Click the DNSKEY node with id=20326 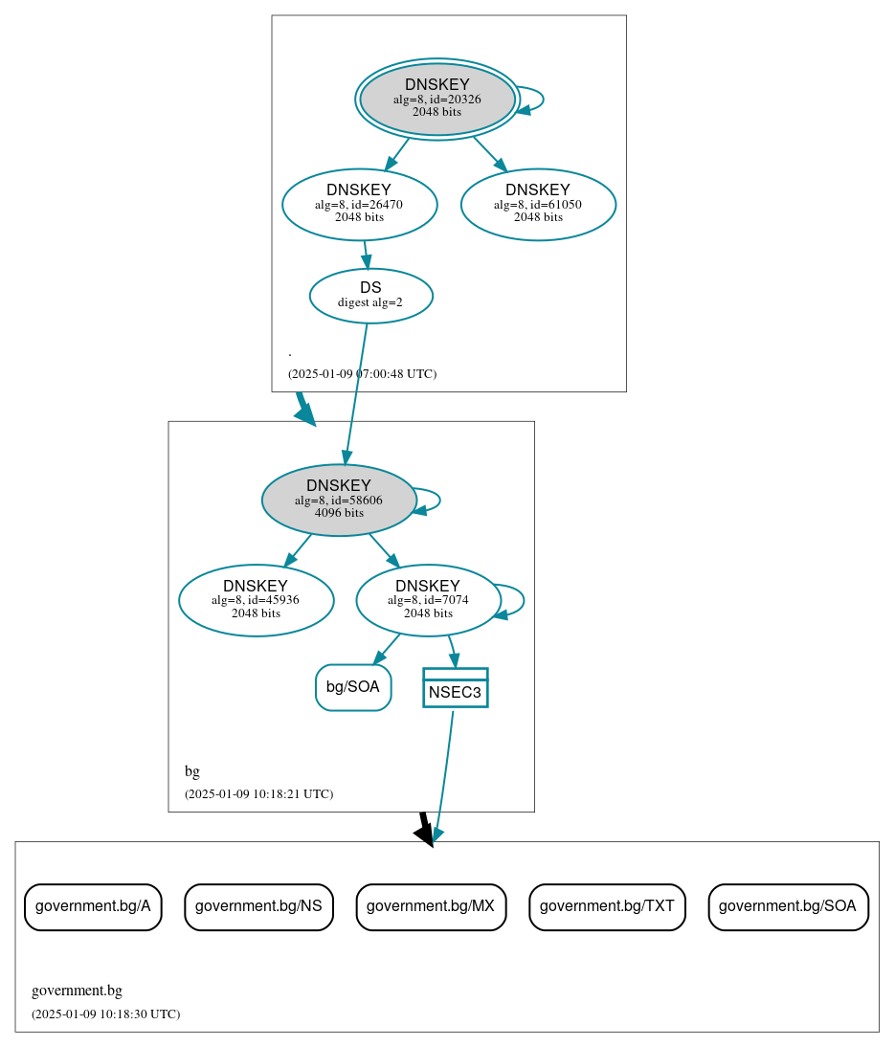click(436, 99)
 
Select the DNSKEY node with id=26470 click(359, 204)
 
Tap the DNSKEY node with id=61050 click(537, 204)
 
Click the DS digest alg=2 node click(370, 296)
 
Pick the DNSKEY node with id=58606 click(338, 500)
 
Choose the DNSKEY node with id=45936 click(256, 600)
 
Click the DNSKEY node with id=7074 click(428, 600)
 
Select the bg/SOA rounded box click(353, 687)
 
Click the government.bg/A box click(93, 906)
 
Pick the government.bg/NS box click(258, 906)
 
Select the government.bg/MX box click(431, 906)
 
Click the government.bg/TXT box click(607, 906)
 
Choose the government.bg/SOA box click(788, 906)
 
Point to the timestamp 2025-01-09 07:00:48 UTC click(362, 374)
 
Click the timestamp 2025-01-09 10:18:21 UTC click(258, 794)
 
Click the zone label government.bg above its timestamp click(77, 991)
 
